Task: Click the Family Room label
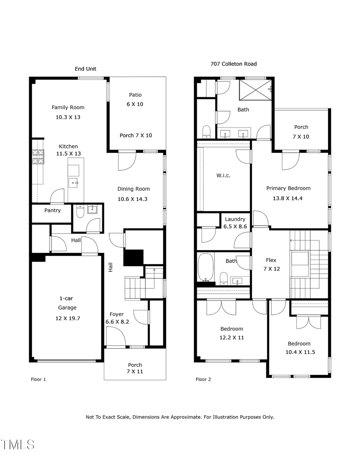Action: pyautogui.click(x=68, y=107)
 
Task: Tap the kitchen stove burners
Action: pyautogui.click(x=38, y=157)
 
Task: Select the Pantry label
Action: pyautogui.click(x=52, y=210)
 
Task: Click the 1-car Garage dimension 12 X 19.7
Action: pyautogui.click(x=66, y=318)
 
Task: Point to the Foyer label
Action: pyautogui.click(x=117, y=314)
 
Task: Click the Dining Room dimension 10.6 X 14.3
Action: pyautogui.click(x=133, y=199)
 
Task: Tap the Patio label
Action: pyautogui.click(x=135, y=95)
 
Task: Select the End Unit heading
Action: pyautogui.click(x=86, y=69)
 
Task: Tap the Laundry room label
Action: pyautogui.click(x=235, y=219)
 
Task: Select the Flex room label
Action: pyautogui.click(x=271, y=260)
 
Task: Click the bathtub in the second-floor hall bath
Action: pyautogui.click(x=205, y=268)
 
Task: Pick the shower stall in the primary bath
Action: pyautogui.click(x=255, y=90)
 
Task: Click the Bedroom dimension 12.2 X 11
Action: pyautogui.click(x=232, y=338)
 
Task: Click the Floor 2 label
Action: pyautogui.click(x=203, y=379)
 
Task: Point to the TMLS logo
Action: pyautogui.click(x=18, y=444)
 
